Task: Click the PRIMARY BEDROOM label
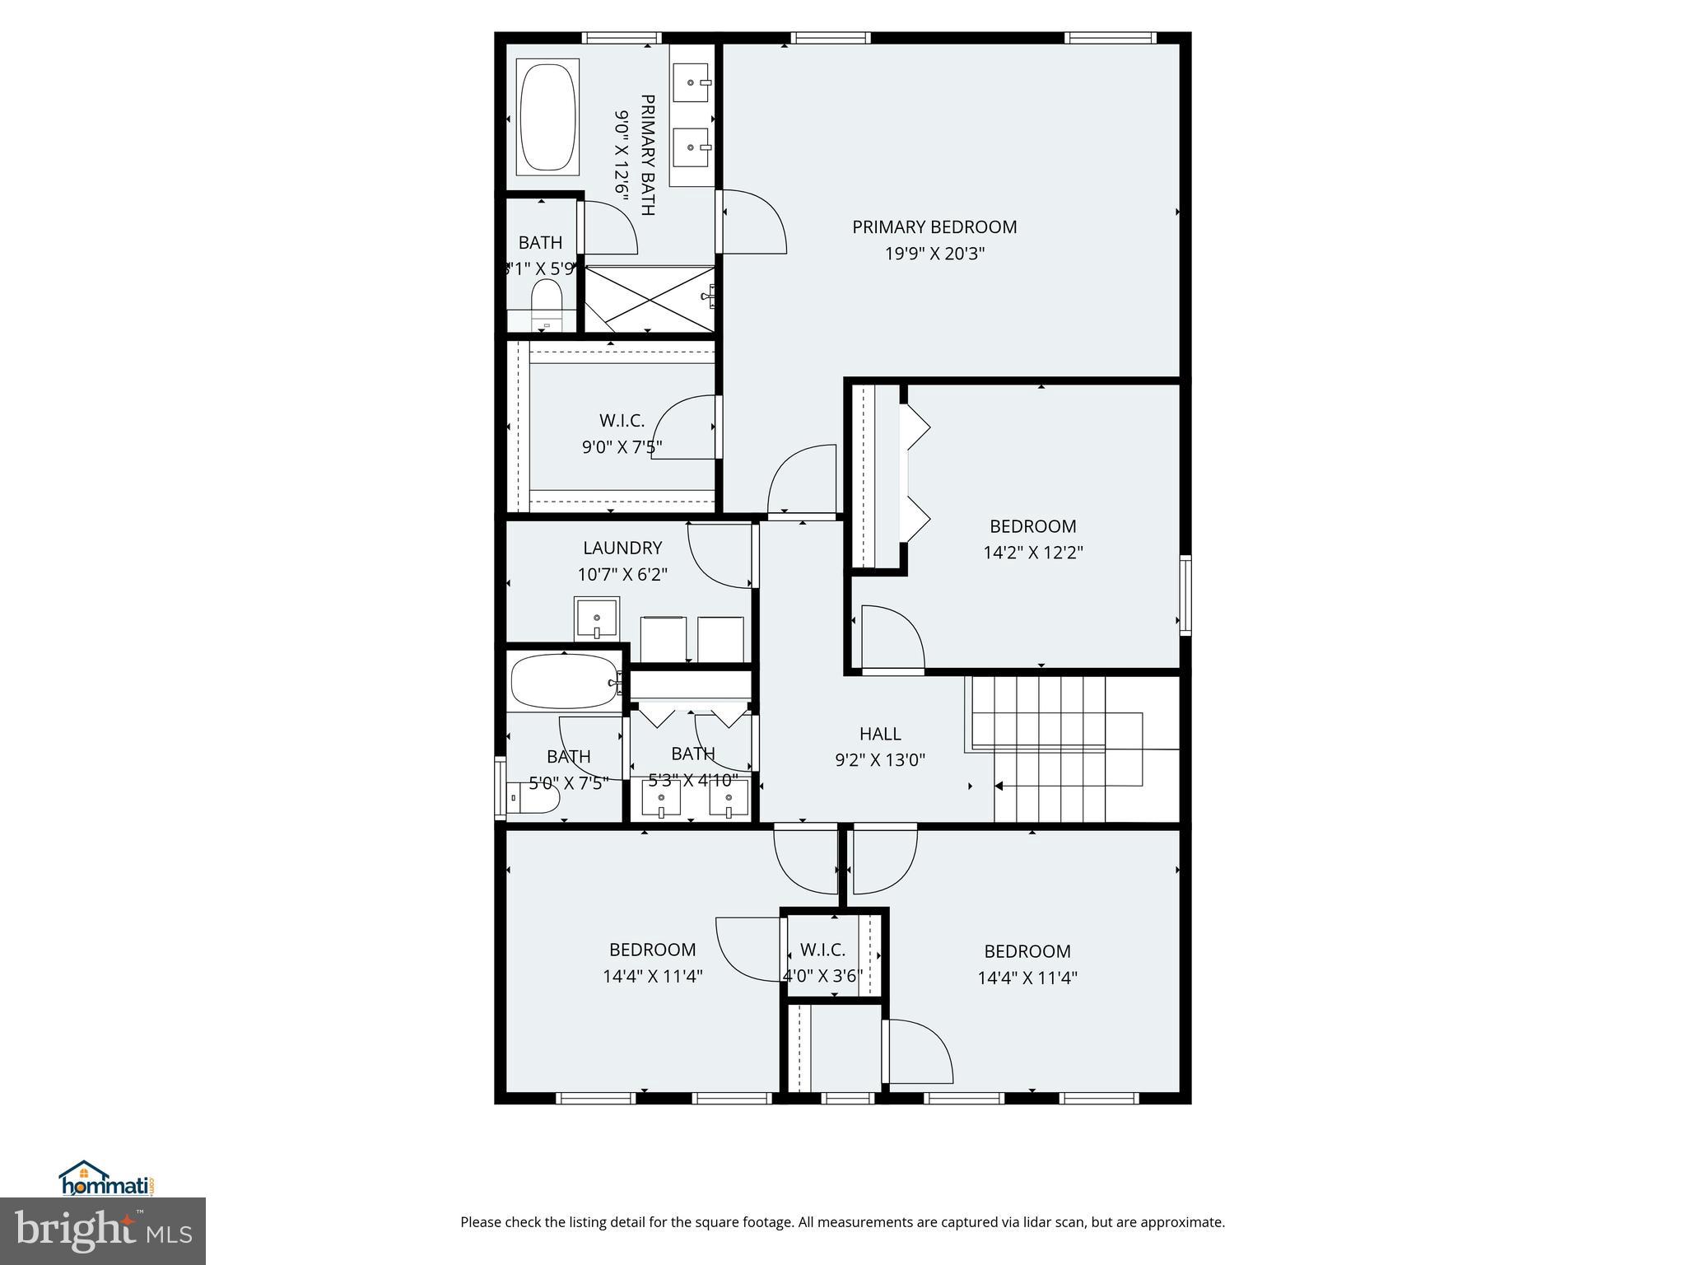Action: pyautogui.click(x=934, y=226)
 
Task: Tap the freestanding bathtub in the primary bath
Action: pyautogui.click(x=547, y=119)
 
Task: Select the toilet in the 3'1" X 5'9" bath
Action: pyautogui.click(x=545, y=301)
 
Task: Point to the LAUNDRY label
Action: pyautogui.click(x=622, y=548)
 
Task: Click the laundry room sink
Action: pyautogui.click(x=597, y=618)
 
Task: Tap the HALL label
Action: pyautogui.click(x=880, y=733)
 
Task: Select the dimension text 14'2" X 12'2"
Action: pyautogui.click(x=1033, y=553)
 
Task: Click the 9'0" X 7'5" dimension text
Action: pyautogui.click(x=622, y=447)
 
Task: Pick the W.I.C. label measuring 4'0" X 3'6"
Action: pyautogui.click(x=822, y=950)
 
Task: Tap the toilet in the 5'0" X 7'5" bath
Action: pyautogui.click(x=535, y=798)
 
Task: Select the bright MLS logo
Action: pyautogui.click(x=103, y=1230)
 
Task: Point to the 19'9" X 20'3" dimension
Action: pyautogui.click(x=934, y=254)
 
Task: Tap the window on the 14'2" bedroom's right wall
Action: pyautogui.click(x=1185, y=595)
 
